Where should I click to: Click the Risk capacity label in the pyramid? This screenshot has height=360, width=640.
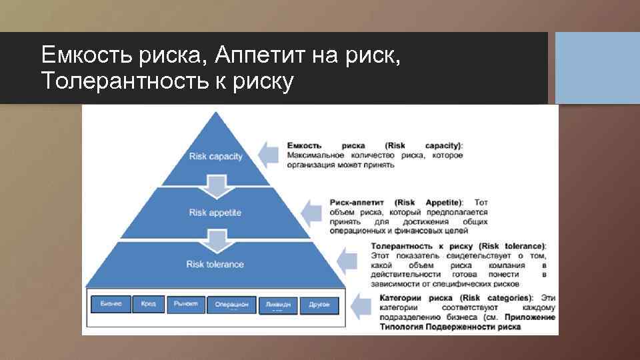(x=215, y=157)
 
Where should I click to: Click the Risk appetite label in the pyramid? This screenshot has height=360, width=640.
(x=215, y=213)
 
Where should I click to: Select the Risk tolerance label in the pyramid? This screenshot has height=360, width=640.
(x=215, y=265)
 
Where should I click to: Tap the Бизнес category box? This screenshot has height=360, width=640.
(x=111, y=304)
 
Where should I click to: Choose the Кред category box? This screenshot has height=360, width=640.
(x=148, y=304)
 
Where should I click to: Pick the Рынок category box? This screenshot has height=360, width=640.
(x=185, y=304)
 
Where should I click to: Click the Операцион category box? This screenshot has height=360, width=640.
(x=231, y=305)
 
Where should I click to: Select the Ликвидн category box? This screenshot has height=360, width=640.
(x=277, y=305)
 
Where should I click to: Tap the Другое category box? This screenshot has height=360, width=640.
(x=319, y=305)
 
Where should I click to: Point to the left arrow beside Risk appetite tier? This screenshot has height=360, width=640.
(x=312, y=212)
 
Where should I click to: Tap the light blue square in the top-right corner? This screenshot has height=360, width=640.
(x=597, y=67)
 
